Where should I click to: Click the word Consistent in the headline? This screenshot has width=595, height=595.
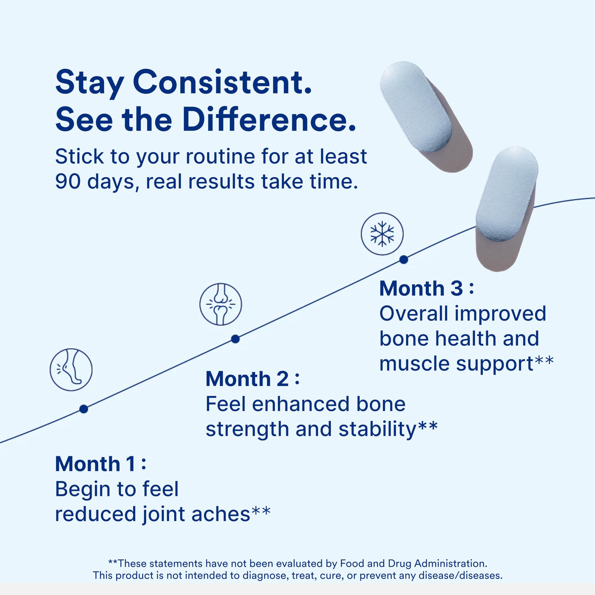coord(222,82)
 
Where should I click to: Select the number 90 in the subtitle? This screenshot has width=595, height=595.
coord(68,181)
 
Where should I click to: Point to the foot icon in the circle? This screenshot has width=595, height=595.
coord(71,370)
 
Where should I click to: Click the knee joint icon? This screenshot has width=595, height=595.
coord(221,304)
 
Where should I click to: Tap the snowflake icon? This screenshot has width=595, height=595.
coord(382,234)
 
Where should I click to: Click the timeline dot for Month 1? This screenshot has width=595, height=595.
coord(84,409)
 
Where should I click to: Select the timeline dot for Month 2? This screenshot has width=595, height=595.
coord(235,339)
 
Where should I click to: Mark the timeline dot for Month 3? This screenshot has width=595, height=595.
coord(404,260)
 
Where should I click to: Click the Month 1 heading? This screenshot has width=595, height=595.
coord(100,464)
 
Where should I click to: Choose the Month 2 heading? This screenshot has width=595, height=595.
coord(252,379)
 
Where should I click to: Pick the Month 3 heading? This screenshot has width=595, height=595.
coord(426,288)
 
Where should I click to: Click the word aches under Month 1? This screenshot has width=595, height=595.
coord(221,514)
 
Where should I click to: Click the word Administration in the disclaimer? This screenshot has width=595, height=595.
coord(450,564)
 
